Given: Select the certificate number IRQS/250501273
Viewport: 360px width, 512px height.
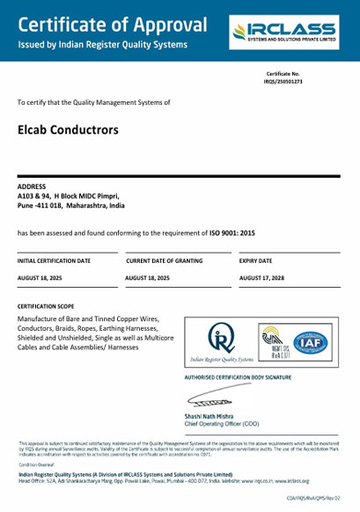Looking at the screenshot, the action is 307,81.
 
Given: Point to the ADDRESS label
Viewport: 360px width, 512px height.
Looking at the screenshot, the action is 32,187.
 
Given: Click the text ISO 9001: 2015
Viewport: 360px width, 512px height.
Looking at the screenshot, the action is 231,232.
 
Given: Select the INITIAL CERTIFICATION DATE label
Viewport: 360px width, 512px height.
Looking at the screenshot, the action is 54,261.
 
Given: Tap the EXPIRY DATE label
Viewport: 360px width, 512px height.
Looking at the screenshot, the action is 255,261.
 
